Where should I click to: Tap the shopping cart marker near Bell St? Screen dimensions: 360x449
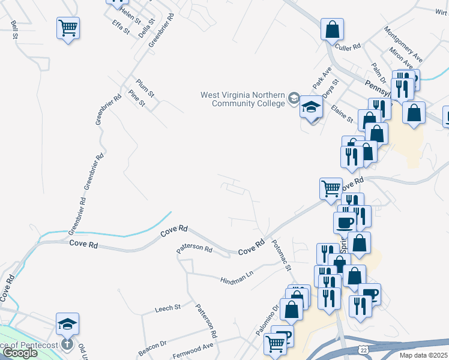pos(68,27)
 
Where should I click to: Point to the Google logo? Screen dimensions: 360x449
pos(20,353)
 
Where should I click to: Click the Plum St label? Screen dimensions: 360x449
pos(145,87)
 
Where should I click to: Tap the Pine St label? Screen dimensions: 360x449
pos(137,98)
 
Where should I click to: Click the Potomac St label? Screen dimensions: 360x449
pos(281,256)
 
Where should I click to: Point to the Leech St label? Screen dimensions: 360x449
pos(167,308)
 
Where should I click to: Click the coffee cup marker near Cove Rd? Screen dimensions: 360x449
pos(345,223)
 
